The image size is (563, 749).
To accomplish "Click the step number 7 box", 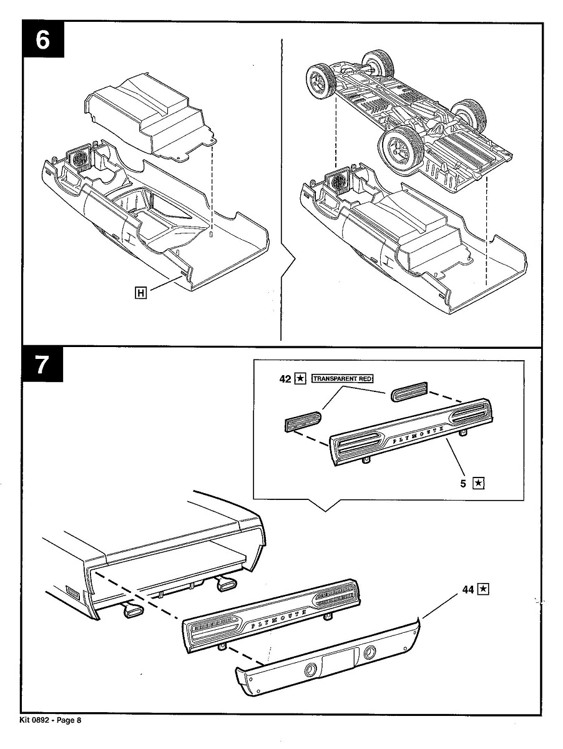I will coord(43,366).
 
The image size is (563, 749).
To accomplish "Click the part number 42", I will coord(285,379).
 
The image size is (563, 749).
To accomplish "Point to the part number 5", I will coord(464,482).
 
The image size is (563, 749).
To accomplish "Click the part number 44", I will coord(469,589).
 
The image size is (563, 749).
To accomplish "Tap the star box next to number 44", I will coord(482,589).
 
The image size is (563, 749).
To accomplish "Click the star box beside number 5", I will coord(478,482).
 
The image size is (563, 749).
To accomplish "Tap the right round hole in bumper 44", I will coord(370,654).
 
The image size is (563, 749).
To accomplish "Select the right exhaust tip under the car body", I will coord(224,584).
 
